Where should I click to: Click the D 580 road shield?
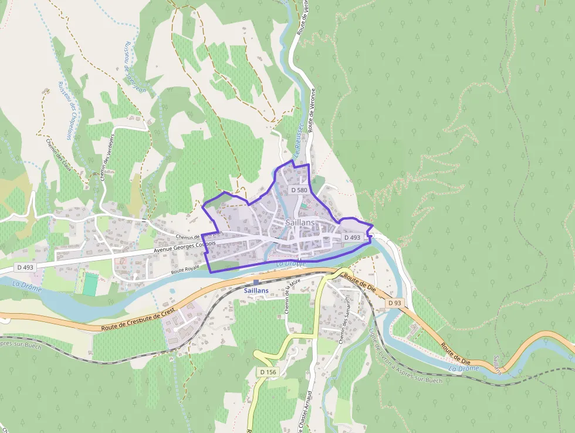299,190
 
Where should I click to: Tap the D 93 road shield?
395,303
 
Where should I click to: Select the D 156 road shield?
268,372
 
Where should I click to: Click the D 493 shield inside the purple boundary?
352,237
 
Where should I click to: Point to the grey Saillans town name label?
300,223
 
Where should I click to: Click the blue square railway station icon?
256,283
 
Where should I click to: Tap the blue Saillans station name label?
256,291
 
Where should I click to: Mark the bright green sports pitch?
90,284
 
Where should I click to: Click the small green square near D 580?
304,206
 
